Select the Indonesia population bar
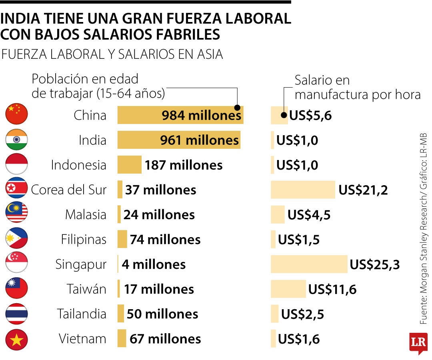[129, 165]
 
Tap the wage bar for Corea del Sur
[303, 190]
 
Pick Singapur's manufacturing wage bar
[309, 264]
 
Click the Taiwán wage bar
[288, 289]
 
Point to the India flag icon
[16, 140]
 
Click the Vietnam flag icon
[16, 339]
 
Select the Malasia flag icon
[16, 214]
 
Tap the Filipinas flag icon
[16, 239]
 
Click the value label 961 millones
[199, 140]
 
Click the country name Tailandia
[82, 314]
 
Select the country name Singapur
[81, 264]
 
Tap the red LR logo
[418, 343]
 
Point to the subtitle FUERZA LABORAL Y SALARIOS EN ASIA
[112, 54]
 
